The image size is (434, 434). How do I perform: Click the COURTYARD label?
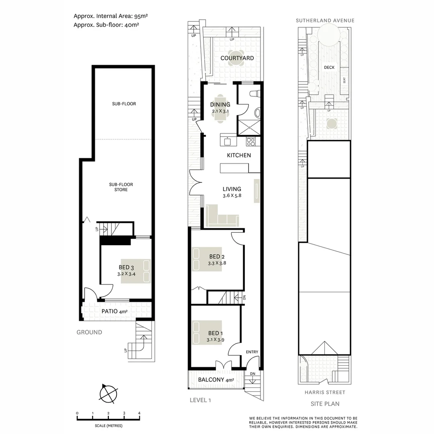(x=237, y=58)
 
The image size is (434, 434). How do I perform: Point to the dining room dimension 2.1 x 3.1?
(x=220, y=111)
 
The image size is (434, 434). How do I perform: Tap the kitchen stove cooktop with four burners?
(x=251, y=141)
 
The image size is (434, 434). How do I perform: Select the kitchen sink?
(x=227, y=141)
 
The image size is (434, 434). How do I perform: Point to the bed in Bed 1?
(x=207, y=332)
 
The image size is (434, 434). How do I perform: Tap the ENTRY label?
(x=252, y=352)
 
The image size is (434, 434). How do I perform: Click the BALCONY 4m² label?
(x=216, y=380)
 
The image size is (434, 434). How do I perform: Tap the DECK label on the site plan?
(x=329, y=68)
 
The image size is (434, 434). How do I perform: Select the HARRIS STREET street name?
(x=325, y=392)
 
